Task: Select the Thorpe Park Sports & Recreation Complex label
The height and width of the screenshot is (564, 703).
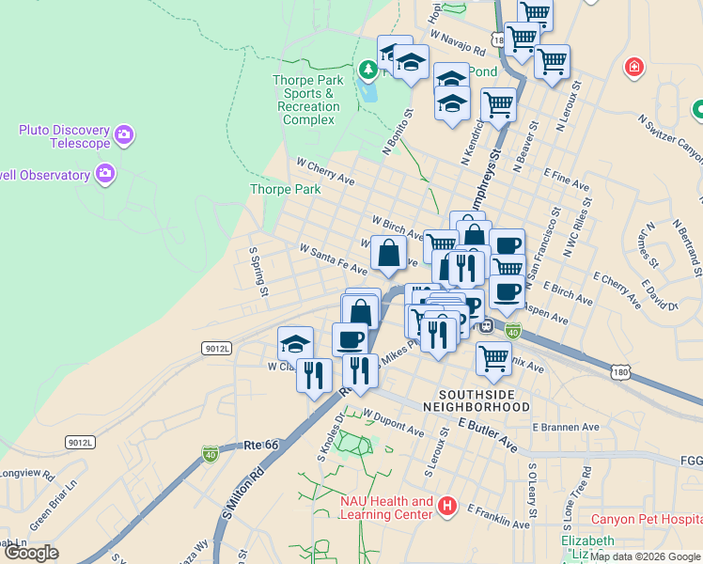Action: (309, 101)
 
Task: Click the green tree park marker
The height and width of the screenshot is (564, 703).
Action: (367, 69)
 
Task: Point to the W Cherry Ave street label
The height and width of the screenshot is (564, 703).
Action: (325, 170)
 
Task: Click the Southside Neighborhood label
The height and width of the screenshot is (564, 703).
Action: (476, 400)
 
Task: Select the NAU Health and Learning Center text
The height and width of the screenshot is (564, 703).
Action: (386, 508)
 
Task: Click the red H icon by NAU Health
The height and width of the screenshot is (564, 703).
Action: (447, 507)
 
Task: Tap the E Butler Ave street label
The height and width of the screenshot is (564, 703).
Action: (488, 433)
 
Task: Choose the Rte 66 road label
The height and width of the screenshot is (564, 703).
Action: (262, 445)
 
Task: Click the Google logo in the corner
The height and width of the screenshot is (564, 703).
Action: (31, 553)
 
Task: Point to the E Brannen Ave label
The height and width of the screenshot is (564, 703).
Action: (565, 427)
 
